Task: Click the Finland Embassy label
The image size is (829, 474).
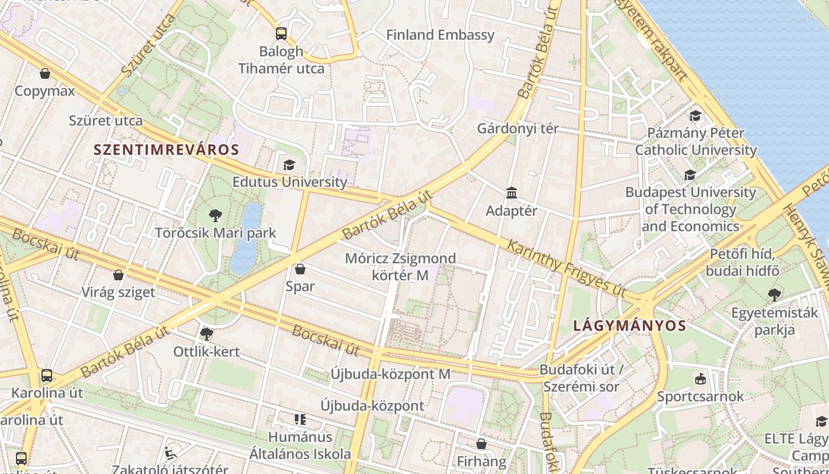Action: point(440,35)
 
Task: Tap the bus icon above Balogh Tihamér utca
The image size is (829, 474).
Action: point(281,34)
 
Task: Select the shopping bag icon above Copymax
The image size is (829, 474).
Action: point(45,73)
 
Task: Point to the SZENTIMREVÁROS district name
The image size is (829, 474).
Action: point(166,150)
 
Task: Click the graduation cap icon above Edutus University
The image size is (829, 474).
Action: point(289,165)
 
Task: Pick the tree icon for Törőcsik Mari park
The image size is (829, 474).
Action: point(215,216)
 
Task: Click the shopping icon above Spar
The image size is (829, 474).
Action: point(300,269)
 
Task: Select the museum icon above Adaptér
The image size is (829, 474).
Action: point(512,193)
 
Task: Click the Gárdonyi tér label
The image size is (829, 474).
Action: point(518,129)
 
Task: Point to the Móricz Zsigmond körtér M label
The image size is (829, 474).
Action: point(400,267)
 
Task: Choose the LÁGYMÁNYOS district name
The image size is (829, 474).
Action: point(629,325)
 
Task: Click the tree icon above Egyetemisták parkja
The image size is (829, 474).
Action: point(774,294)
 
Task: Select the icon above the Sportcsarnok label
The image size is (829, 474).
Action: point(701,379)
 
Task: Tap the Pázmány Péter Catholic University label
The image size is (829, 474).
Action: point(696,141)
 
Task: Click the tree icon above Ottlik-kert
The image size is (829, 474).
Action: point(206,334)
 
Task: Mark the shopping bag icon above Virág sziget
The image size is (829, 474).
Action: point(118,275)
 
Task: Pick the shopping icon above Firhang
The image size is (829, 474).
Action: point(481,444)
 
